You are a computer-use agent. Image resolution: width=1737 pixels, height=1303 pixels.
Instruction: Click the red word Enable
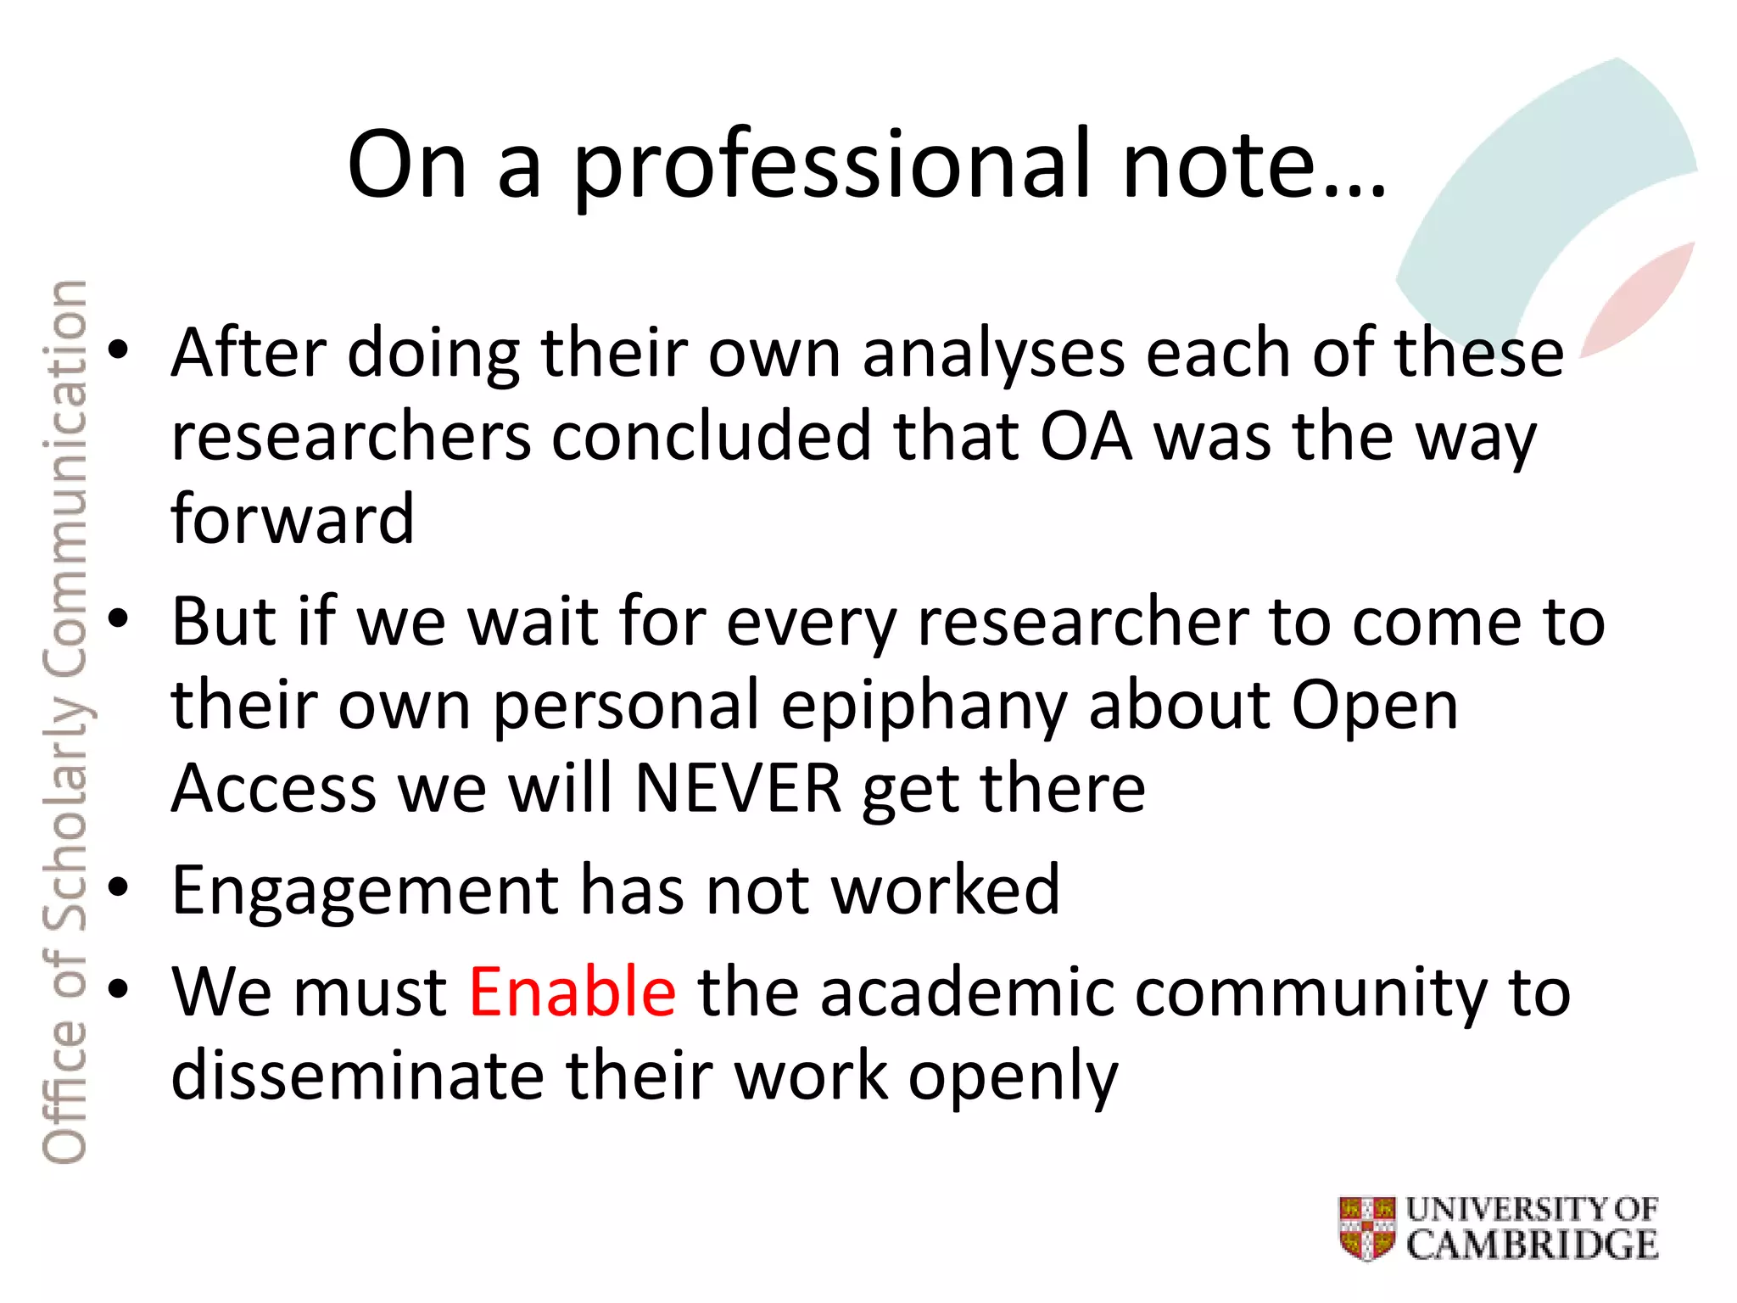point(572,992)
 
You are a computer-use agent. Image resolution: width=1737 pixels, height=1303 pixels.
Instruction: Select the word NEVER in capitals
point(738,789)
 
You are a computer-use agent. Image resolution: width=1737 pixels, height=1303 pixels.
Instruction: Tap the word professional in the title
point(831,165)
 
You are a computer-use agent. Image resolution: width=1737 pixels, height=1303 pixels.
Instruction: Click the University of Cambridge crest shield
point(1366,1228)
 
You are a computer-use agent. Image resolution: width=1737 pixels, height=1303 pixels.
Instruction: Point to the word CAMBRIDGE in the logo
point(1532,1245)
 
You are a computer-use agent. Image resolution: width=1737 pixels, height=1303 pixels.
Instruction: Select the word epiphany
point(923,707)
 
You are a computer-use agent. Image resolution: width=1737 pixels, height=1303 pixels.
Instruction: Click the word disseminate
point(356,1076)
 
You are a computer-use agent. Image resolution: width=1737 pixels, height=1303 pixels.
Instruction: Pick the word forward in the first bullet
point(293,519)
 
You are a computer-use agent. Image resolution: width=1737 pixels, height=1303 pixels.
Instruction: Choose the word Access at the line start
point(273,789)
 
